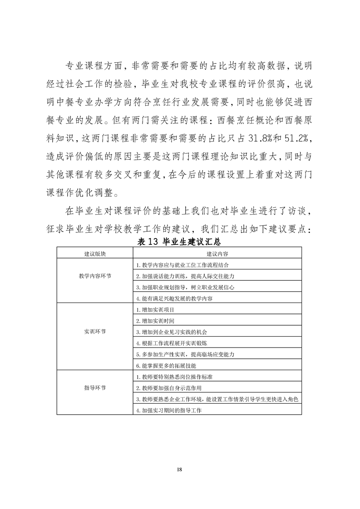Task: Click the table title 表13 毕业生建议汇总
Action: click(x=180, y=241)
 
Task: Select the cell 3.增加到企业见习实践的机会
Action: click(x=172, y=332)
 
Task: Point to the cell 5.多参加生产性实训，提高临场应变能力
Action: click(x=185, y=354)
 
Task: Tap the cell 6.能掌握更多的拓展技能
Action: click(x=166, y=366)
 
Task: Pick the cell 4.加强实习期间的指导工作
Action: click(x=168, y=411)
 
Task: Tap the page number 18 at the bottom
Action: click(x=180, y=469)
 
